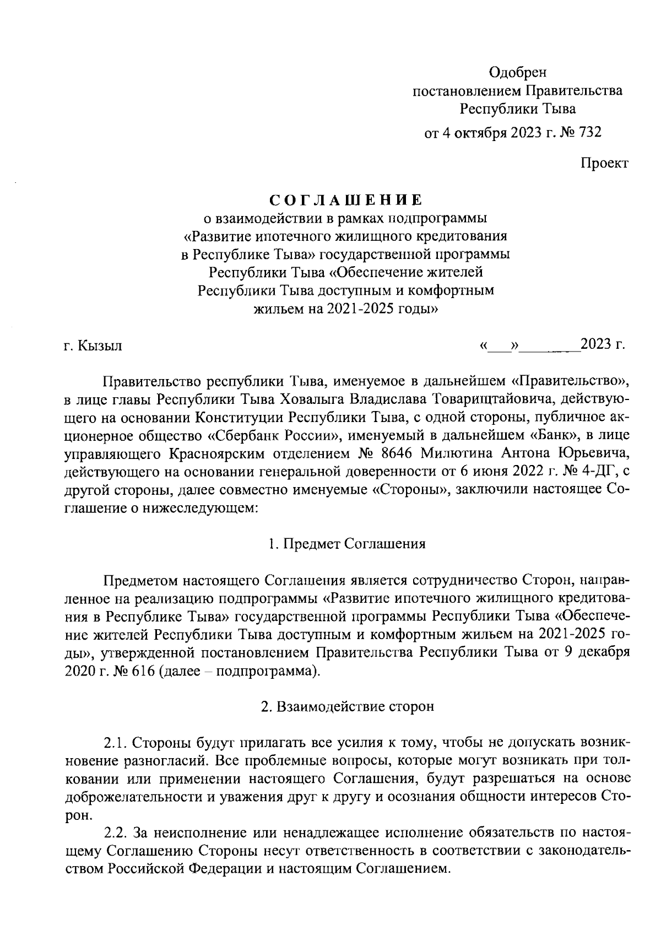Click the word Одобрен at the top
518,72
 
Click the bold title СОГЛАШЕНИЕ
346,199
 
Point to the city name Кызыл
100,346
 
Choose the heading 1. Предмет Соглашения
347,544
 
